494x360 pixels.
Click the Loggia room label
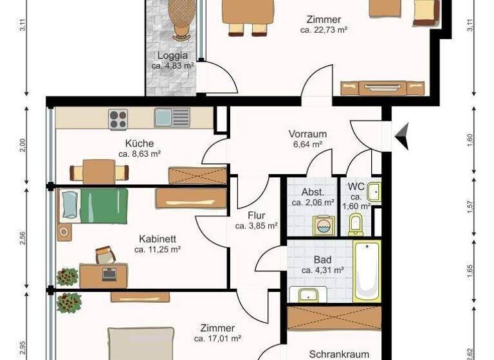pyautogui.click(x=172, y=55)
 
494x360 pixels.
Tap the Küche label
pyautogui.click(x=140, y=143)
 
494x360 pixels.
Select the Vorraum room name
pyautogui.click(x=307, y=134)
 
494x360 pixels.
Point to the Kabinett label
pyautogui.click(x=158, y=239)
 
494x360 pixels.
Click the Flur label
pyautogui.click(x=256, y=215)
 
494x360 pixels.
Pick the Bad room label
pyautogui.click(x=322, y=260)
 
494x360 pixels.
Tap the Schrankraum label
pyautogui.click(x=339, y=354)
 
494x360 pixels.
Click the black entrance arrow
pyautogui.click(x=402, y=136)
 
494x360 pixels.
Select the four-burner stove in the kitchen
pyautogui.click(x=118, y=119)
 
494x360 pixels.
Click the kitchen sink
pyautogui.click(x=172, y=117)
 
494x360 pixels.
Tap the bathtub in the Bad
pyautogui.click(x=367, y=271)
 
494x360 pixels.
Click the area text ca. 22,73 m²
pyautogui.click(x=324, y=30)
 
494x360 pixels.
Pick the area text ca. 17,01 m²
pyautogui.click(x=217, y=338)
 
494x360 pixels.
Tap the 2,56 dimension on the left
pyautogui.click(x=23, y=239)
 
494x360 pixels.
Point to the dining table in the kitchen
pyautogui.click(x=98, y=172)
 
